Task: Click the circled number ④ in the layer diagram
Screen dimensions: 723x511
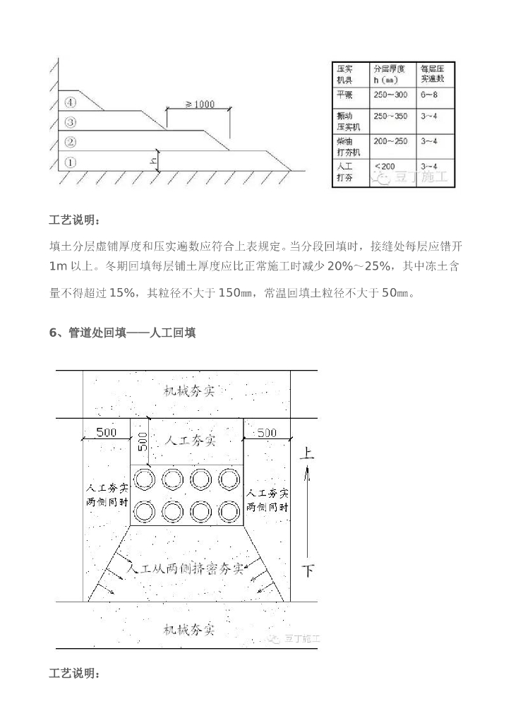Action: (x=70, y=101)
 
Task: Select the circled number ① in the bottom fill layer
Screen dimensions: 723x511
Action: (x=70, y=161)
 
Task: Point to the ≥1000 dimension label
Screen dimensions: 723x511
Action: (x=200, y=104)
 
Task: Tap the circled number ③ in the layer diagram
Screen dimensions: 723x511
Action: (x=70, y=122)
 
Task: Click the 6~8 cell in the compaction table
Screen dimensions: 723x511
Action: (x=430, y=95)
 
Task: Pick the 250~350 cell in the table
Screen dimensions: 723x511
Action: (x=390, y=116)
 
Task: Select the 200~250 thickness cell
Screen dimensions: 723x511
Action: (x=390, y=141)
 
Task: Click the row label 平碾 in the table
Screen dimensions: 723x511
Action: (x=345, y=95)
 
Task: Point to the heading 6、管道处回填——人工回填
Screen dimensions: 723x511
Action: (x=122, y=333)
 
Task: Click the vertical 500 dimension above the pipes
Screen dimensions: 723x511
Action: (x=142, y=442)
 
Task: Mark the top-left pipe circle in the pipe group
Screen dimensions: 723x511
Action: (x=147, y=479)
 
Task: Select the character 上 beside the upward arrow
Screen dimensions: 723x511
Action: (x=306, y=453)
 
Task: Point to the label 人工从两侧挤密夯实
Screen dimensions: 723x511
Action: (x=186, y=568)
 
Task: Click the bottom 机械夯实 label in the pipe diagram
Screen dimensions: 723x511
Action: (x=188, y=628)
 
